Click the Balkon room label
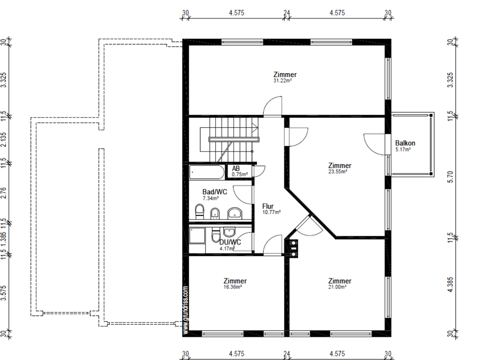(x=405, y=143)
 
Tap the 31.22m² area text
(x=282, y=81)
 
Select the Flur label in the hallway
(x=268, y=206)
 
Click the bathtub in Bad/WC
(x=206, y=172)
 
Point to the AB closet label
(x=236, y=169)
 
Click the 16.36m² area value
(x=233, y=287)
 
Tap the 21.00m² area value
(x=337, y=287)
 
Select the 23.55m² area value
(x=338, y=172)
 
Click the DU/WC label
(x=230, y=242)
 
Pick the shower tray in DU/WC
(x=197, y=235)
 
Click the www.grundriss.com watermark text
(x=185, y=309)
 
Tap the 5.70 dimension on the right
(x=451, y=177)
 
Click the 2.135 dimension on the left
(x=3, y=139)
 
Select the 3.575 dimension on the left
(x=3, y=292)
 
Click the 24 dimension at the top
(x=287, y=13)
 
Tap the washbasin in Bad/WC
(x=235, y=213)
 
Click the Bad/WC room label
(x=215, y=192)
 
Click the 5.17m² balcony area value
(x=403, y=149)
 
